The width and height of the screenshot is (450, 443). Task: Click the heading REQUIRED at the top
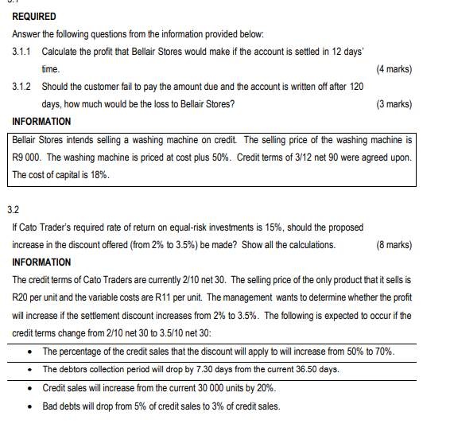(x=34, y=17)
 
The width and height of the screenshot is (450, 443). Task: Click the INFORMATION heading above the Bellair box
(x=42, y=122)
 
